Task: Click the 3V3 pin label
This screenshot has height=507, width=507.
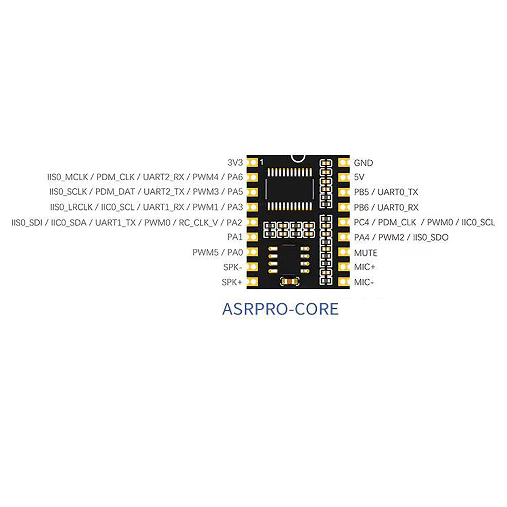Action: point(235,163)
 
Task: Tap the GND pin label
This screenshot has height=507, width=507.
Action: point(363,163)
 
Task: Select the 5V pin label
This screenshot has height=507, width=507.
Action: point(359,177)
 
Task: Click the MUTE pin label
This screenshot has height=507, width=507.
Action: point(365,253)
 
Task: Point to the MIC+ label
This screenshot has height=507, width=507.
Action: point(364,267)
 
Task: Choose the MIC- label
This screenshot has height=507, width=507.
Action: point(363,282)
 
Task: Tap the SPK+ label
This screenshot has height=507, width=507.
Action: point(232,282)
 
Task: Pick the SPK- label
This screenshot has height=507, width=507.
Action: point(232,267)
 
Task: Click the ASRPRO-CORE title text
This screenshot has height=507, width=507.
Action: point(280,309)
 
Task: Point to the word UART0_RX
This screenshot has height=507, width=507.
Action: point(398,207)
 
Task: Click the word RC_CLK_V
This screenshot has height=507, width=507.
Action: point(198,223)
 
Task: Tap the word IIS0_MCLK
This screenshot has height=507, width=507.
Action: point(67,177)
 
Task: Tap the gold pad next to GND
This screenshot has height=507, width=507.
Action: point(343,163)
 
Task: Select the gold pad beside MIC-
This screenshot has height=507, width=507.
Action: point(343,282)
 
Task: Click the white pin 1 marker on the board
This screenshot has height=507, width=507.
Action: point(261,162)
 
